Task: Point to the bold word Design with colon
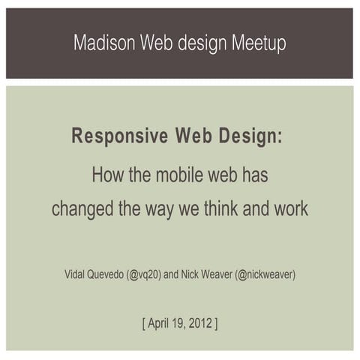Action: click(x=253, y=136)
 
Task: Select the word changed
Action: click(x=82, y=208)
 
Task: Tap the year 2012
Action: click(x=200, y=324)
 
